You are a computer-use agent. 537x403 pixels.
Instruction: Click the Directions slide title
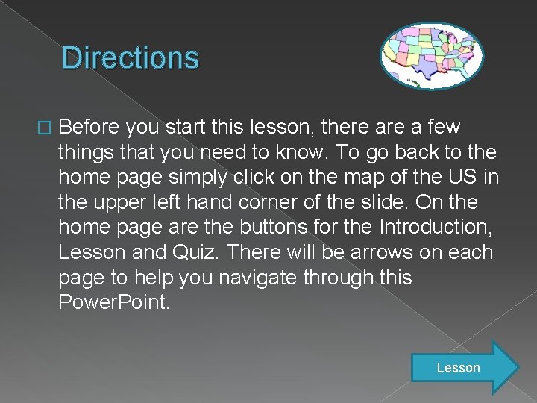click(x=131, y=57)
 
